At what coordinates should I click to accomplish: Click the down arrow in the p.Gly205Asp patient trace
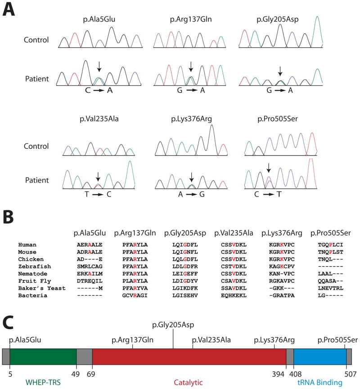click(280, 71)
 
